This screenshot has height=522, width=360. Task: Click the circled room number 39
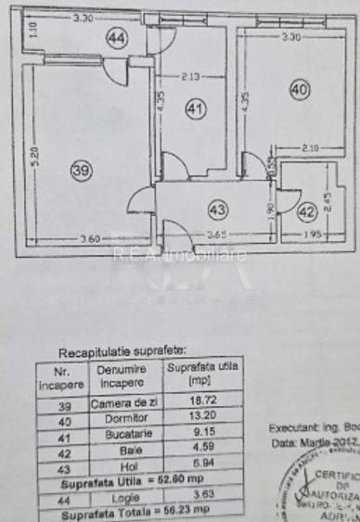tap(82, 169)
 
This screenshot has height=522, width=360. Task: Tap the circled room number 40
tap(299, 90)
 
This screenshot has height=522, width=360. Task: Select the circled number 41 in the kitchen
tap(193, 108)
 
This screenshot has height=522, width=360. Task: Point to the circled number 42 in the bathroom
tap(307, 211)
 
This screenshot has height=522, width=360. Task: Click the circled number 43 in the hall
tap(217, 208)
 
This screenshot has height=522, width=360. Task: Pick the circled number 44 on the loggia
tap(116, 38)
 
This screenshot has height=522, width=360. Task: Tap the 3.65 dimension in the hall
tap(217, 236)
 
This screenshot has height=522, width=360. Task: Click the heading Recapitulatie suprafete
tap(122, 352)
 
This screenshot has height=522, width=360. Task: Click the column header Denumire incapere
tap(122, 376)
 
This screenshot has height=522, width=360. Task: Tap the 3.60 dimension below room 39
tap(90, 239)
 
